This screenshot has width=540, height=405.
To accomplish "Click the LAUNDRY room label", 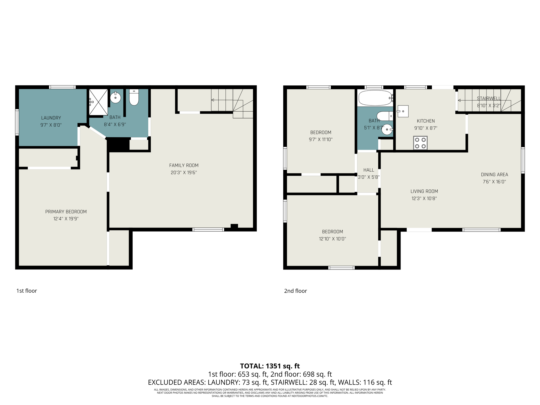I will pos(51,118).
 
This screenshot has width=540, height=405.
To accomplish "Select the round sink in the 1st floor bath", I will pos(115,98).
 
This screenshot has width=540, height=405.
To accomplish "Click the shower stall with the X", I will pos(98,102).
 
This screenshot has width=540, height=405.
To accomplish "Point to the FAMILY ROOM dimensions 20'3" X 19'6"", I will pos(184,173).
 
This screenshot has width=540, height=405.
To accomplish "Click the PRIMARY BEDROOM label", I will pos(66,212).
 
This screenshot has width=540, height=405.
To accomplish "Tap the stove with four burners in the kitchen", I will pos(420,143).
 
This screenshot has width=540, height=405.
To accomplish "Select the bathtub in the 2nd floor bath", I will pos(375,98).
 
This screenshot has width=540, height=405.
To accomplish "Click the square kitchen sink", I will pos(403,111).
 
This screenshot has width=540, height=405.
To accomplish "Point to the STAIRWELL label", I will pos(489,99).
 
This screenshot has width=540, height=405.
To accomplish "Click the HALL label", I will pos(368,170).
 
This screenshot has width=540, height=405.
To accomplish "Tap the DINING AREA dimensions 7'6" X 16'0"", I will pos(494,182).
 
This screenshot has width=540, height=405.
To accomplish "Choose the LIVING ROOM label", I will pos(424,191).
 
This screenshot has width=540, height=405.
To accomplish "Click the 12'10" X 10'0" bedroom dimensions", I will pos(332,239).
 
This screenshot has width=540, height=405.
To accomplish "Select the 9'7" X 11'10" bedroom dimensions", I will pos(321,139).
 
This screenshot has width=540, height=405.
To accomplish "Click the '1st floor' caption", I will pos(27,291).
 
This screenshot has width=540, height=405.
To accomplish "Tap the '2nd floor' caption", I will pos(295,291).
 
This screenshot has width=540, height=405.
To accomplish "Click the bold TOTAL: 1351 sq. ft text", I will pos(270,366).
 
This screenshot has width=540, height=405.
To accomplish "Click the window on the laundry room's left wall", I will pos(17,122).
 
